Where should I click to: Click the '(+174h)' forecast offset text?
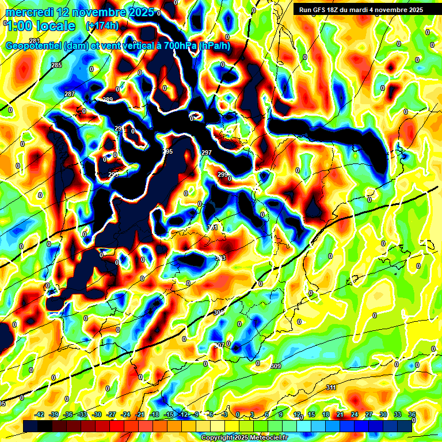[102, 26]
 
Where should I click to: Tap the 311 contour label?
[330, 387]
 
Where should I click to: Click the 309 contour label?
[275, 366]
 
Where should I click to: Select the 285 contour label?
[56, 66]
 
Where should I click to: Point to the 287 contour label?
[70, 94]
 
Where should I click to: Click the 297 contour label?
[207, 152]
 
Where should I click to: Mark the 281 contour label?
[35, 40]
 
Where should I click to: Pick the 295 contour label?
[167, 151]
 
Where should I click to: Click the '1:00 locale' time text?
[41, 26]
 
